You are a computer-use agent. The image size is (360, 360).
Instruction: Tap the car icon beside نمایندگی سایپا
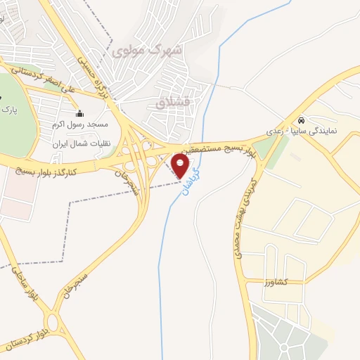pos(302,120)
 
